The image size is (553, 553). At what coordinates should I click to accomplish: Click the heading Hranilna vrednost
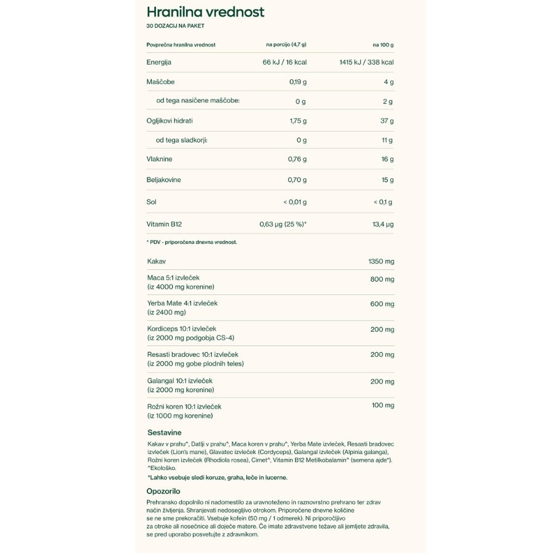(x=197, y=12)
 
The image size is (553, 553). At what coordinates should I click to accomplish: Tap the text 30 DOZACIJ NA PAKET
(x=175, y=26)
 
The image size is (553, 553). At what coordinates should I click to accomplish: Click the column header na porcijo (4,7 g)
(x=286, y=45)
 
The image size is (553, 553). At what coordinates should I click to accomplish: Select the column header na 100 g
(x=383, y=45)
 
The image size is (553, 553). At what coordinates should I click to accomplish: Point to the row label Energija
(x=159, y=63)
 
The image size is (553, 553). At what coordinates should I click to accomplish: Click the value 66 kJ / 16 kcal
(x=284, y=63)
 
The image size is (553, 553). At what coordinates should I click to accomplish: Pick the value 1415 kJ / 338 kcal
(x=367, y=63)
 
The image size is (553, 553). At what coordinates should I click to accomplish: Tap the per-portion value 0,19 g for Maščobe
(x=297, y=82)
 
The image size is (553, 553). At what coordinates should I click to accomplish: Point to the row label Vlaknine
(x=159, y=160)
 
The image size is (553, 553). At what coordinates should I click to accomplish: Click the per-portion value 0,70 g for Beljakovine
(x=297, y=180)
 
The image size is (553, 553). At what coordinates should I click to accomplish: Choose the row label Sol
(x=151, y=202)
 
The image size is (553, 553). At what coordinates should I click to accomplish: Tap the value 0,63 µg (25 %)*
(x=283, y=224)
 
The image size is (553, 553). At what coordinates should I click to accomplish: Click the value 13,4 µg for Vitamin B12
(x=382, y=224)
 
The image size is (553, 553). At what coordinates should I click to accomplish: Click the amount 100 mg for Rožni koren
(x=383, y=406)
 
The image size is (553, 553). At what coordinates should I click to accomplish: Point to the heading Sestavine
(x=164, y=433)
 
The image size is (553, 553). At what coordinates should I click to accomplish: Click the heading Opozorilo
(x=163, y=491)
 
